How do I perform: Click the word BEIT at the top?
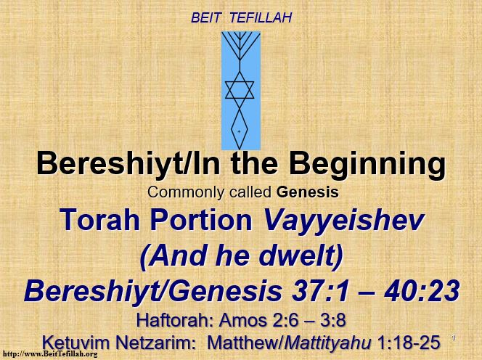click(205, 18)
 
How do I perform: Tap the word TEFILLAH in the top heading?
click(261, 18)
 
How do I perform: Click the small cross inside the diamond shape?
click(239, 131)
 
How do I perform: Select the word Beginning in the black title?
click(367, 165)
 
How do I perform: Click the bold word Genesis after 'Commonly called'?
click(307, 192)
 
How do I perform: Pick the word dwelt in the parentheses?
click(295, 255)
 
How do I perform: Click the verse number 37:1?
click(320, 291)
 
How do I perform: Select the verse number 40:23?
click(422, 291)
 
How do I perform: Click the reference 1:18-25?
click(409, 343)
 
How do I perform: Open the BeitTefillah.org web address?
click(50, 354)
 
